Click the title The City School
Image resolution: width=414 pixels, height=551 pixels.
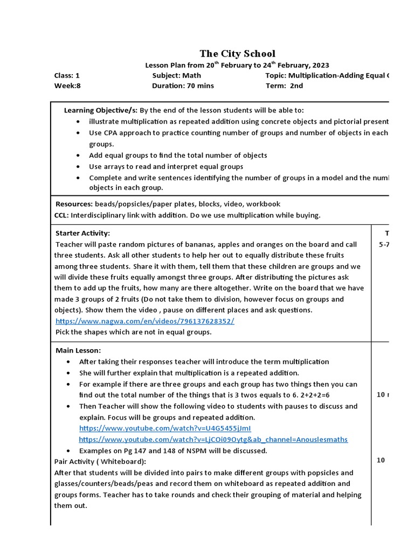237,53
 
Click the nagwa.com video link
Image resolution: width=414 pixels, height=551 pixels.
145,321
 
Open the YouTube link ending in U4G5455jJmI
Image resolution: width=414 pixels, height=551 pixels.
165,428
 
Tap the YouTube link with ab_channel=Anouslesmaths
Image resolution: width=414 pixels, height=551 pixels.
213,439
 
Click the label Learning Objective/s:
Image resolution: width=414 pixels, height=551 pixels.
101,110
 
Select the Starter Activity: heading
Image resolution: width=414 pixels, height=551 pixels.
82,233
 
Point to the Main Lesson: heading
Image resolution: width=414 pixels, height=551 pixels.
78,350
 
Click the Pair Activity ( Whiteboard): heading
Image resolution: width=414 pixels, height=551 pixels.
100,462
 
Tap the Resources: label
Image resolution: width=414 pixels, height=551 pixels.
74,204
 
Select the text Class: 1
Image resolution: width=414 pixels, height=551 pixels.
67,76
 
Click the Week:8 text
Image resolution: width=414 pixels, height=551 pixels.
67,86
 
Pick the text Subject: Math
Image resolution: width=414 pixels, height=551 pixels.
176,76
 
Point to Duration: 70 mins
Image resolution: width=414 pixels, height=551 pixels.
183,86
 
